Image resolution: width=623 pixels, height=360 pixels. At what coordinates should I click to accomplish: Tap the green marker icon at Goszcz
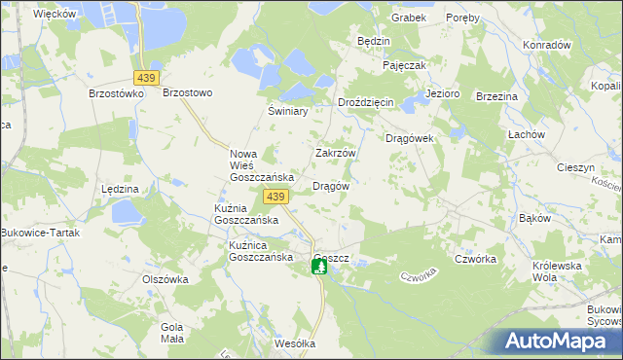[x=319, y=266]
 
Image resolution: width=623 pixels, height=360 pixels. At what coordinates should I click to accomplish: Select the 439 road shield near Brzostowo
[x=147, y=77]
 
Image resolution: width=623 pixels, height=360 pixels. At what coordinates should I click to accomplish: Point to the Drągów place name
[x=330, y=185]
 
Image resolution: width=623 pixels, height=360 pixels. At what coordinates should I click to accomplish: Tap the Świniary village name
[x=288, y=111]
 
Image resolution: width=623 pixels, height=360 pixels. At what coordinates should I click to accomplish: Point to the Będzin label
[x=374, y=42]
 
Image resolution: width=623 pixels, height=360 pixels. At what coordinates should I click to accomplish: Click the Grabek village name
[x=409, y=18]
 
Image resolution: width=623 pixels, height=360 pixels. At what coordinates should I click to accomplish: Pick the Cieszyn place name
[x=575, y=167]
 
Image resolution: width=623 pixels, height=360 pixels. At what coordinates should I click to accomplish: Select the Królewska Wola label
[x=557, y=271]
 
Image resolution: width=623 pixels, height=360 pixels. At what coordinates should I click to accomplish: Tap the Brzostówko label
[x=116, y=93]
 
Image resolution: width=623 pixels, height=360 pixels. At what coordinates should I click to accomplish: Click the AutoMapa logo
[x=558, y=341]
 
